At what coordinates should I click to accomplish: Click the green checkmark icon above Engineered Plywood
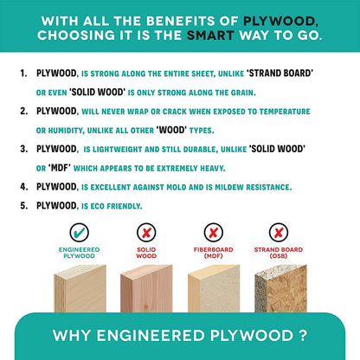[x=79, y=233]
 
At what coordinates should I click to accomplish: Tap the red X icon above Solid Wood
[x=146, y=233]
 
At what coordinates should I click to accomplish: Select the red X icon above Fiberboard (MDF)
[x=213, y=233]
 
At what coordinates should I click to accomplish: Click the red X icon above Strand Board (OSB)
[x=279, y=233]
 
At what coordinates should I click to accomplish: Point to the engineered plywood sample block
[x=80, y=288]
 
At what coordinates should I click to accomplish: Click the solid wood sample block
[x=146, y=288]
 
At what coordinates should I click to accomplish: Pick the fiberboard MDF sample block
[x=214, y=288]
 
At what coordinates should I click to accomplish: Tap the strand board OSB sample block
[x=280, y=288]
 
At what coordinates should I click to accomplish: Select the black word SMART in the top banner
[x=210, y=35]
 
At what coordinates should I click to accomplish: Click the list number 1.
[x=23, y=74]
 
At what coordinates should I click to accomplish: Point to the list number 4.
[x=23, y=187]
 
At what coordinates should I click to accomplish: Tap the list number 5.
[x=23, y=206]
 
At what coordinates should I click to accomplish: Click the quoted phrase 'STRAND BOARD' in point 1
[x=280, y=74]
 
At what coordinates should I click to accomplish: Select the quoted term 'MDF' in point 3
[x=60, y=168]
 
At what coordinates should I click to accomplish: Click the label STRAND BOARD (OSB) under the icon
[x=279, y=253]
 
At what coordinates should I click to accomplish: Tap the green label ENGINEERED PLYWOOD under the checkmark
[x=79, y=253]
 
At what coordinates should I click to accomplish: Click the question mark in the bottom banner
[x=302, y=336]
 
